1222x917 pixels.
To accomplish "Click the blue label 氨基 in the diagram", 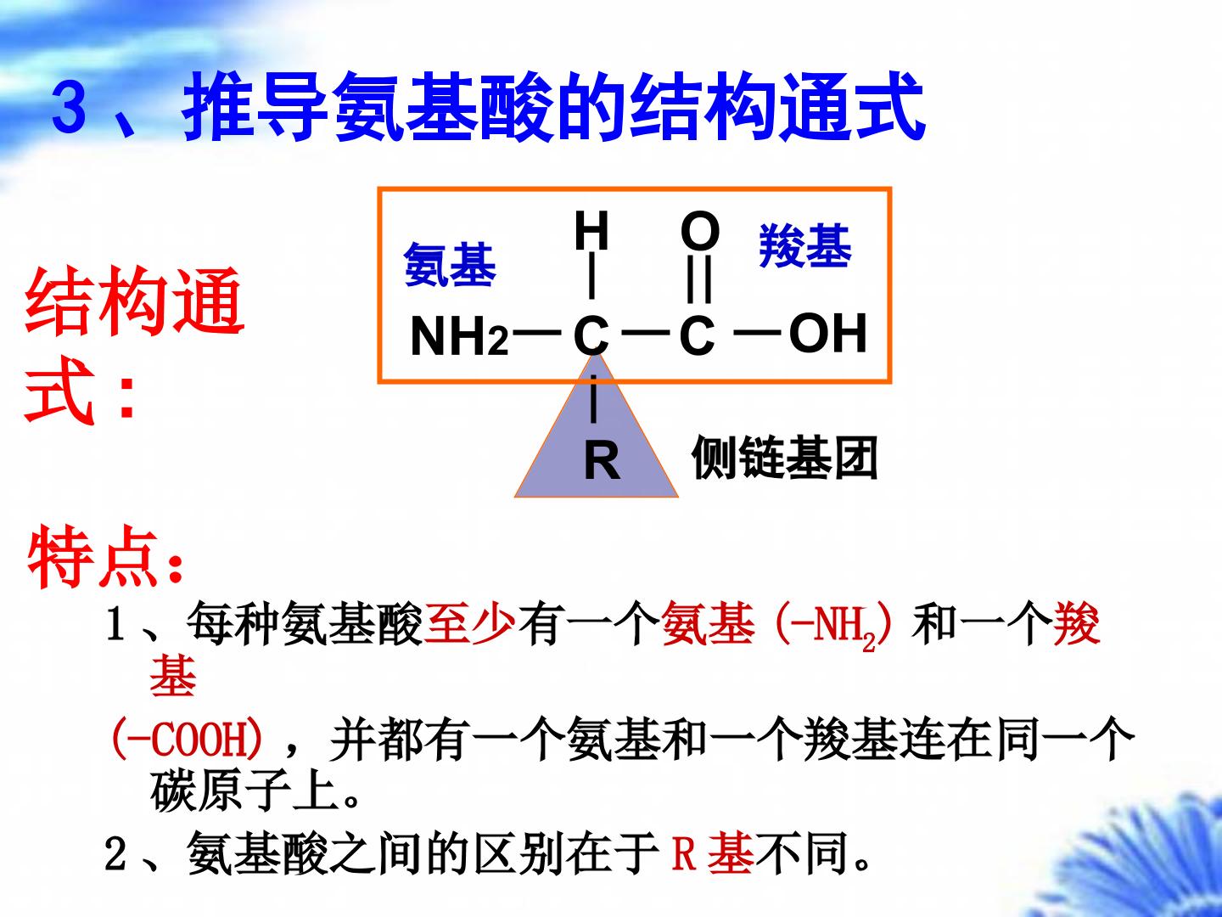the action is (x=450, y=265).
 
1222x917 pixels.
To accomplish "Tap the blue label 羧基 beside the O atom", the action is (x=805, y=245).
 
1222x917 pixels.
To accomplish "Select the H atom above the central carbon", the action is (x=591, y=230).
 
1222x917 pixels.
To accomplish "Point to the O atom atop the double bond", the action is (x=700, y=230).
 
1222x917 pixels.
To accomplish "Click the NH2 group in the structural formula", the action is (x=459, y=335).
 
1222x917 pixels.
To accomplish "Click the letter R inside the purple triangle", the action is (x=602, y=460).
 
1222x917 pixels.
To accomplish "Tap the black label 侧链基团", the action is (x=784, y=458).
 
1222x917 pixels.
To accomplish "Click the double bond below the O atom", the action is (x=700, y=279).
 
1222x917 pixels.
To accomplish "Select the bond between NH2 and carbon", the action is (x=536, y=333).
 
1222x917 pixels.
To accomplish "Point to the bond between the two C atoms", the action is (x=646, y=333).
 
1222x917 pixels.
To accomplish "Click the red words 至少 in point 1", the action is (x=469, y=623).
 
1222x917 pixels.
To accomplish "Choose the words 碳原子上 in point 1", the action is (x=245, y=791).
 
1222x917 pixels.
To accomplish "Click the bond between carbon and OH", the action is (x=758, y=333).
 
